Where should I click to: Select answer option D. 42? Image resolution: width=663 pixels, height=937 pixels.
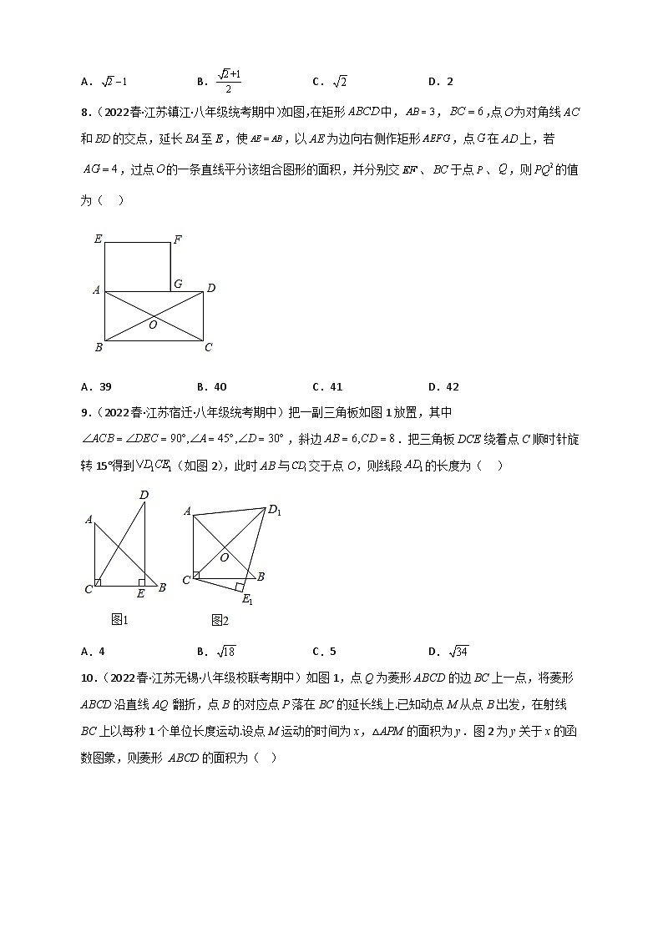[x=443, y=387]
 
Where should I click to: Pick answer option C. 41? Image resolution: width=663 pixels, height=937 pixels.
[x=327, y=387]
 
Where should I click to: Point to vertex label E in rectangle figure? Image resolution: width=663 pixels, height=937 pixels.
[x=98, y=239]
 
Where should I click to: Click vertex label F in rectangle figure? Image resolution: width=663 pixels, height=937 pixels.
[x=178, y=240]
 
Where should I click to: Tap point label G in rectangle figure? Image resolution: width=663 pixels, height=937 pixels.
[x=178, y=284]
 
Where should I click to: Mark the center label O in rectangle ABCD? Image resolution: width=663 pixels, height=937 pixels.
[x=153, y=325]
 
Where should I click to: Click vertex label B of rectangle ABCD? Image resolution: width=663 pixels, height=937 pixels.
[x=98, y=348]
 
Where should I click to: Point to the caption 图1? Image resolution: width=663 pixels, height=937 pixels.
[x=119, y=619]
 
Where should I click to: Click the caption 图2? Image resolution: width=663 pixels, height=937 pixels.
[x=220, y=620]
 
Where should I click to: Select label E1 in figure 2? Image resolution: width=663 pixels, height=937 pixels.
[x=247, y=599]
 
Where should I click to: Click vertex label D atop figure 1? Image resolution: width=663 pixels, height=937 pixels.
[x=144, y=496]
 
